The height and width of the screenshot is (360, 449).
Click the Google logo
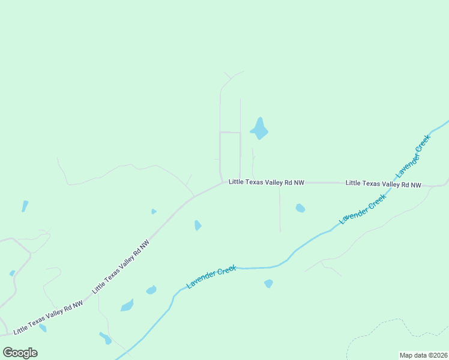click(x=20, y=353)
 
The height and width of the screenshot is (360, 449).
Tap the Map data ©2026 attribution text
click(x=423, y=355)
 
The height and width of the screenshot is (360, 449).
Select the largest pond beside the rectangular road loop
click(x=259, y=128)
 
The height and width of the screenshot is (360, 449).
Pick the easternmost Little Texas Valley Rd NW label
click(x=384, y=184)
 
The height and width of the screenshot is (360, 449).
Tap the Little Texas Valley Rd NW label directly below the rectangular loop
click(x=266, y=182)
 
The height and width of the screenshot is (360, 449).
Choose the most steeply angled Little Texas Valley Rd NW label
click(x=121, y=267)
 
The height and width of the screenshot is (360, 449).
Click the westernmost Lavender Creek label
click(x=211, y=277)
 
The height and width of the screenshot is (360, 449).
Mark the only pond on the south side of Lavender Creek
click(x=268, y=283)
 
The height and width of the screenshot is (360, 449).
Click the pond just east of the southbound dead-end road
click(x=300, y=208)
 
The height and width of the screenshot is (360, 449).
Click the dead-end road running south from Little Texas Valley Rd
click(x=280, y=210)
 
